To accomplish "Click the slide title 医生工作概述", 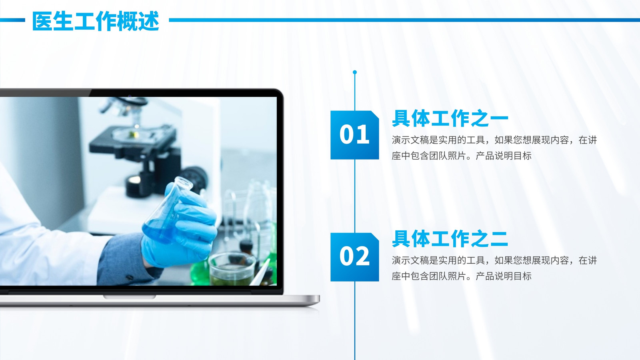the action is click(x=96, y=21).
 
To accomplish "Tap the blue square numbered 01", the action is click(x=354, y=135).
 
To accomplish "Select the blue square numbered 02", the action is click(x=354, y=257).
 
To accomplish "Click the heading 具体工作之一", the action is click(x=450, y=118).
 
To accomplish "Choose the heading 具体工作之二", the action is click(x=450, y=239).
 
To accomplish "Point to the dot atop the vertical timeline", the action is click(x=355, y=72).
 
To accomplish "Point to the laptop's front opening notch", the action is click(x=130, y=297).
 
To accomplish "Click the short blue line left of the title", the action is click(x=12, y=20).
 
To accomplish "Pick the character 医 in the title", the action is click(x=42, y=21).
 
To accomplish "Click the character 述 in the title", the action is click(x=149, y=21).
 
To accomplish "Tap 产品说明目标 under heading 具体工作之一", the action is click(x=504, y=156).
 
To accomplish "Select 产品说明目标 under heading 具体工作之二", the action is click(x=504, y=276).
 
